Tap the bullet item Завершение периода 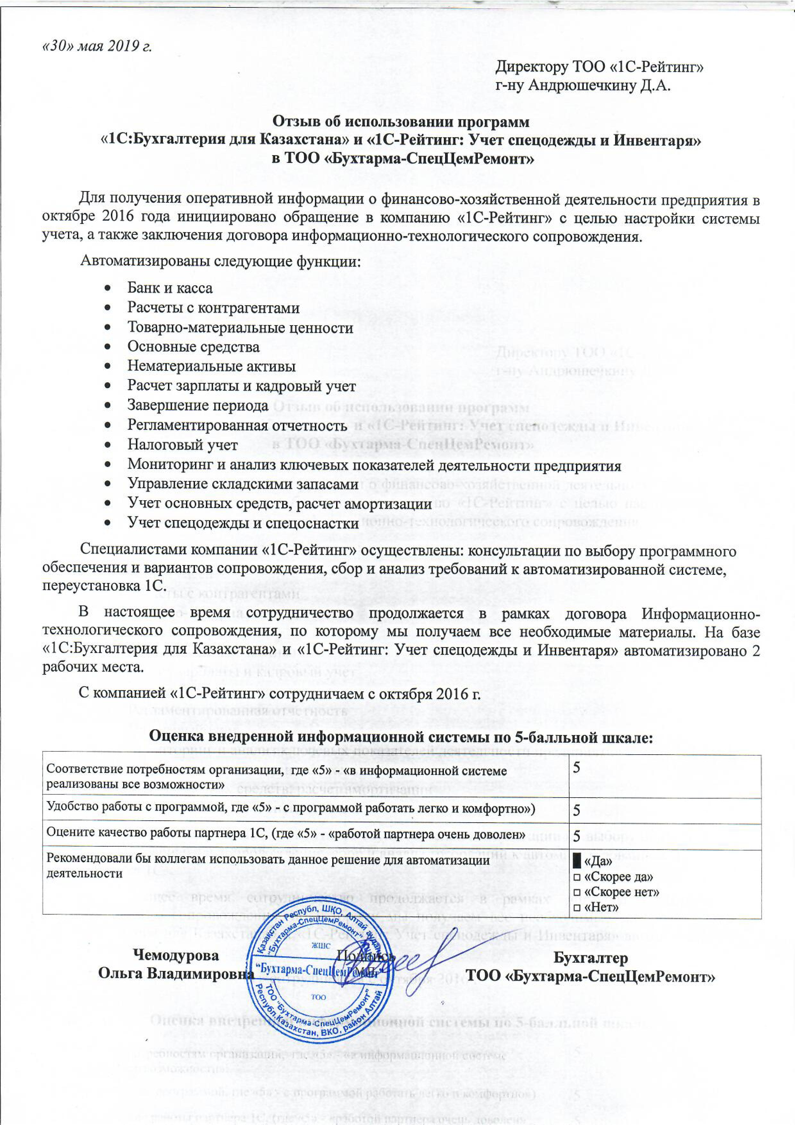(198, 405)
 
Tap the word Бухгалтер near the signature (590, 955)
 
